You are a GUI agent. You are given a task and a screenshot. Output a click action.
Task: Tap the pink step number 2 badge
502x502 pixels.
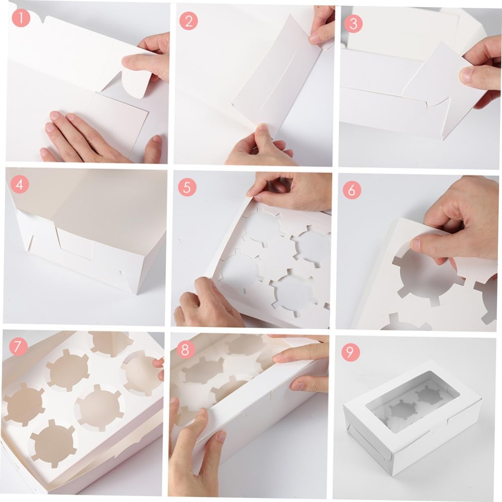click(188, 21)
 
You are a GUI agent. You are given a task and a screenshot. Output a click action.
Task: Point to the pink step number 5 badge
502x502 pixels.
click(187, 187)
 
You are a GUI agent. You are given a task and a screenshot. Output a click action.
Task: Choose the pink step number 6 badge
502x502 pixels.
click(351, 190)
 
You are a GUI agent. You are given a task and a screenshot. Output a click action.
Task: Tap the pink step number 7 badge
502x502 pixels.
click(18, 347)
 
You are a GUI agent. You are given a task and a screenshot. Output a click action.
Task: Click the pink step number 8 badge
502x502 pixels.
click(185, 349)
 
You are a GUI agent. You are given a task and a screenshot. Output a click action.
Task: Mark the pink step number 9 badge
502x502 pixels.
click(351, 352)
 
